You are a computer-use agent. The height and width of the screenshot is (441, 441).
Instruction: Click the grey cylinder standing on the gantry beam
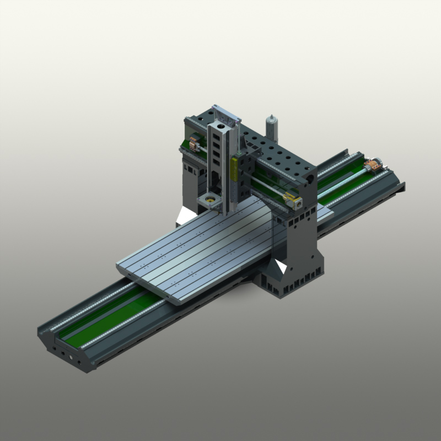click(271, 128)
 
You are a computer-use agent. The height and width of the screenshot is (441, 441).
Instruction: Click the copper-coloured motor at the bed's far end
click(375, 165)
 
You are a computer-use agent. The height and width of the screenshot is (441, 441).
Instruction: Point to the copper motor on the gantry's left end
click(193, 144)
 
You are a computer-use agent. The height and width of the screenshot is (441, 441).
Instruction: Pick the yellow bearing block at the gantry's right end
click(288, 197)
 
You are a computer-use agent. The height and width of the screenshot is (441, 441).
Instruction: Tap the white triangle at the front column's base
click(281, 268)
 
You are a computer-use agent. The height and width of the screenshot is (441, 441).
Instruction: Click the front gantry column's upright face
click(300, 243)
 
